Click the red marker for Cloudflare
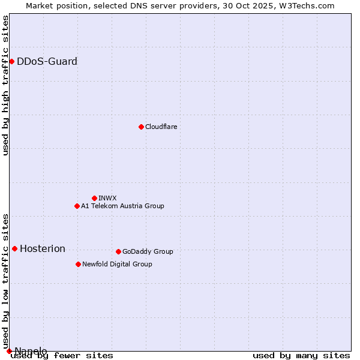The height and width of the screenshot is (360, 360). click(141, 127)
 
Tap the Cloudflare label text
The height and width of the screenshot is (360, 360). click(161, 127)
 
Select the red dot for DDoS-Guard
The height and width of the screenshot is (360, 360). click(11, 61)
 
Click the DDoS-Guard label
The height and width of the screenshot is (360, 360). click(47, 61)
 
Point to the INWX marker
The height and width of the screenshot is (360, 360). click(94, 198)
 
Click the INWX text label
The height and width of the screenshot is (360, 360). click(107, 198)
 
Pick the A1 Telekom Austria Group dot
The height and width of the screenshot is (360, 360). click(77, 206)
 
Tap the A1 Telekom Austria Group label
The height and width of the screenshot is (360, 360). click(122, 206)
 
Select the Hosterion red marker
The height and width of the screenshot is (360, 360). click(14, 248)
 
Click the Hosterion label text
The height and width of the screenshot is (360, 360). click(43, 248)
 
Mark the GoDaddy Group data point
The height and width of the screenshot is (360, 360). click(118, 251)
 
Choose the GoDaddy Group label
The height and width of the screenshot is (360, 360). click(148, 251)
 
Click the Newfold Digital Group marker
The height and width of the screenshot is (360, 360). click(78, 264)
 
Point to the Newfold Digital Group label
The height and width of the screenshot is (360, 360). click(117, 264)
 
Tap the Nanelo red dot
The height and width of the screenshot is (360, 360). click(9, 351)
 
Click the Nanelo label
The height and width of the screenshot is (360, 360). click(31, 351)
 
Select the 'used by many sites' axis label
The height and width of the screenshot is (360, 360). click(301, 356)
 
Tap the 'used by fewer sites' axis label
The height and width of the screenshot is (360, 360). click(62, 356)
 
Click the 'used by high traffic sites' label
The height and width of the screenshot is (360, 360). click(5, 85)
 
